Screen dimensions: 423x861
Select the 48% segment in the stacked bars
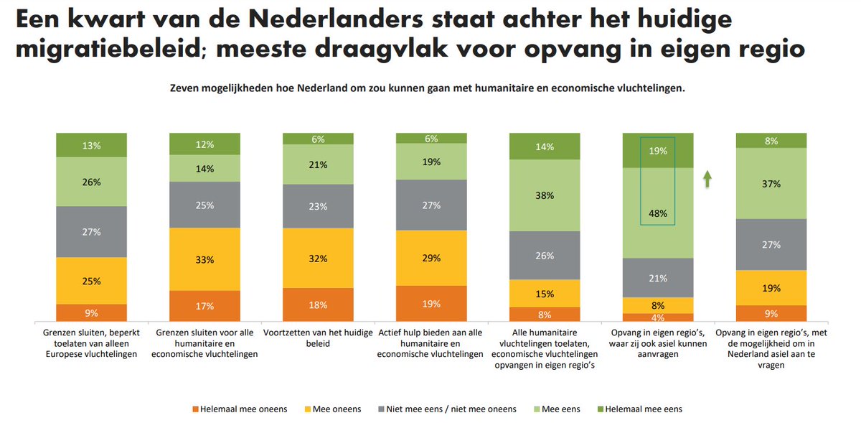658,213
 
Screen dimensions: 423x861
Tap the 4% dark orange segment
658,317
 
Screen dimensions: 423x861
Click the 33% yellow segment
204,259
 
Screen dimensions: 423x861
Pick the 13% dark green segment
91,145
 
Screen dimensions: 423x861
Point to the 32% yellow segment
318,258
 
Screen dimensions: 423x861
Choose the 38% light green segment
545,195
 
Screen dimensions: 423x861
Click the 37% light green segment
771,183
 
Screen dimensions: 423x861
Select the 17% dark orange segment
204,306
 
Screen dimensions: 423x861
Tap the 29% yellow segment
431,258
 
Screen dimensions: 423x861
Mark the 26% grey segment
545,255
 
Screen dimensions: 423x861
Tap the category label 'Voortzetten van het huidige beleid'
318,339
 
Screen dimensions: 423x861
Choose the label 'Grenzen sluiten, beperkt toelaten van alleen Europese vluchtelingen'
91,344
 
